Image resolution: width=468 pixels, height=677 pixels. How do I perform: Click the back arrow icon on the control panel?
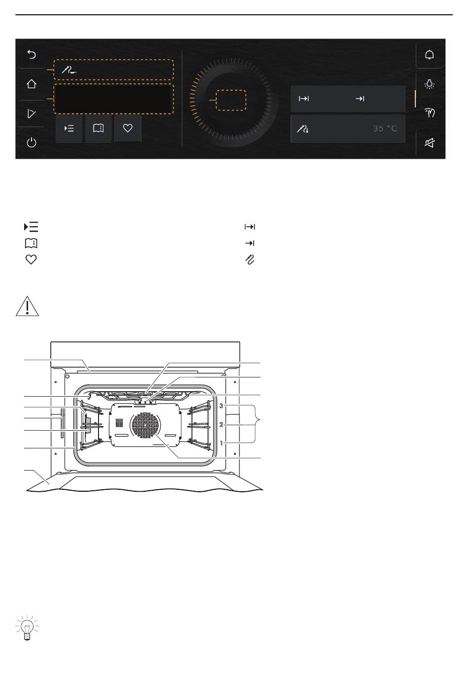click(32, 55)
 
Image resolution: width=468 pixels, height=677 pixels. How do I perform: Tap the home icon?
click(32, 84)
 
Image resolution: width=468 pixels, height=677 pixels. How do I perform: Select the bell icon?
click(429, 55)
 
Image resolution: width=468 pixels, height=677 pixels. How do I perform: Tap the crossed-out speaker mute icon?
click(429, 143)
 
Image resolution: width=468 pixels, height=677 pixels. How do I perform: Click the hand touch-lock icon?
click(429, 113)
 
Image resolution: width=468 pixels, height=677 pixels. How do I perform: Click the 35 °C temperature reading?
click(385, 129)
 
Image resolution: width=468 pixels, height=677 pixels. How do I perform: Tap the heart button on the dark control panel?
click(128, 128)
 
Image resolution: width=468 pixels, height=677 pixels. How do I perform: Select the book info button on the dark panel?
click(99, 128)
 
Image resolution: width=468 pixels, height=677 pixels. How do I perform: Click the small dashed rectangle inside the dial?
click(231, 100)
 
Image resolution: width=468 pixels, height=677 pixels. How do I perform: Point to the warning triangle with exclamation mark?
click(27, 306)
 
